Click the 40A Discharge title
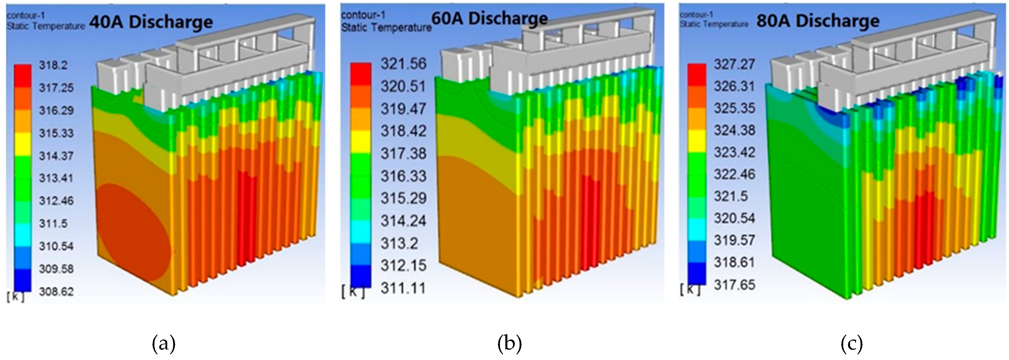point(151,22)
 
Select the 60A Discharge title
point(490,18)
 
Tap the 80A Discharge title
point(818,21)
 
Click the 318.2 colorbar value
point(53,65)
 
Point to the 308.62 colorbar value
point(56,291)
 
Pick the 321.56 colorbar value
point(404,64)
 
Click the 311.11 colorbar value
point(404,289)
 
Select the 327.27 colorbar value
point(734,64)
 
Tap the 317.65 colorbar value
point(734,285)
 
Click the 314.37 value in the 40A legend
point(56,156)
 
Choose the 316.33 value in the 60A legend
point(404,176)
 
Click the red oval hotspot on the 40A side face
point(133,235)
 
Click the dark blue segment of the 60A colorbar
point(360,276)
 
